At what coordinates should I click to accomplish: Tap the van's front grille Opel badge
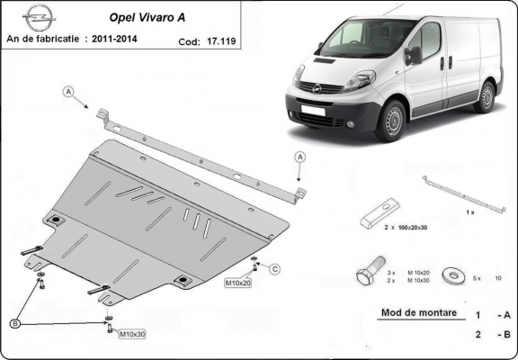(x=317, y=88)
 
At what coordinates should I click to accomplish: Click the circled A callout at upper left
(x=68, y=91)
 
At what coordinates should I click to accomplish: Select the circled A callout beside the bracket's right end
(x=300, y=157)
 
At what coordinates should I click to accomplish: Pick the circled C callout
(x=275, y=268)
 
